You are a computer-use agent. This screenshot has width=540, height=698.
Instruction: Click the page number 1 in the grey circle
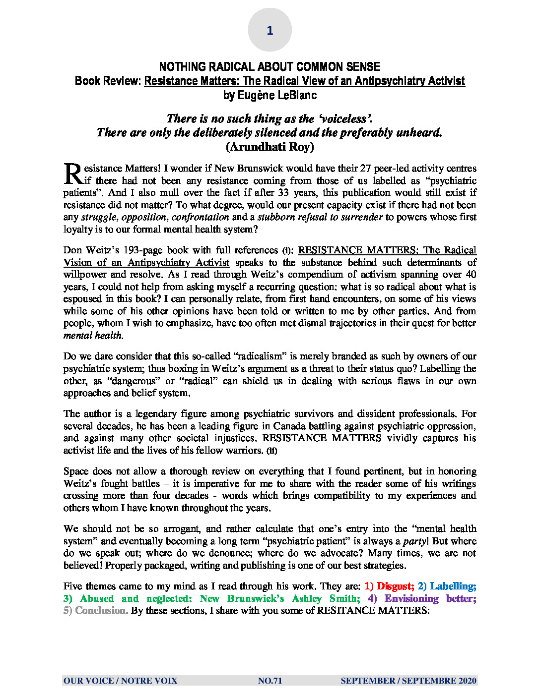coord(270,30)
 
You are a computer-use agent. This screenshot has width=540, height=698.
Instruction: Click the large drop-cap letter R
coord(73,174)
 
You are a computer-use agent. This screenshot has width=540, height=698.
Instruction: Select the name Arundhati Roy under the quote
coord(270,147)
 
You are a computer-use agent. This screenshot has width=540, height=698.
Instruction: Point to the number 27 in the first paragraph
coord(365,169)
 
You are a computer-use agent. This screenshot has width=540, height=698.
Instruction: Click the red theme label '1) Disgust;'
coord(389,586)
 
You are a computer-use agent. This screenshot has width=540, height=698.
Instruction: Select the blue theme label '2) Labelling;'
coord(447,586)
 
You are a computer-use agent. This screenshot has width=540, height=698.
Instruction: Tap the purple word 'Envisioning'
coord(411,599)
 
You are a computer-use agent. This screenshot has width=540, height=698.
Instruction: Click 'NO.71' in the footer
coord(270,681)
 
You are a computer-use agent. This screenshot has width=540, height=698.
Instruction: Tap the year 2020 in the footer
coord(468,681)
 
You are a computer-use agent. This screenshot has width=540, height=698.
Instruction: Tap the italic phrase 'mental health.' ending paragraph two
coord(93,336)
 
